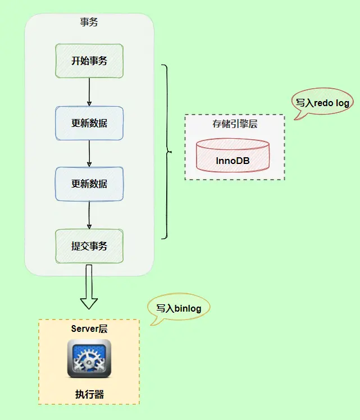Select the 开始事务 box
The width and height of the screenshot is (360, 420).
[89, 61]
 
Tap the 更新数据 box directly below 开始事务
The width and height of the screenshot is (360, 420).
[89, 123]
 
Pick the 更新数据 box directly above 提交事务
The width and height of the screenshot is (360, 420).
[89, 184]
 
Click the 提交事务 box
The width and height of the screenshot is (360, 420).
[89, 246]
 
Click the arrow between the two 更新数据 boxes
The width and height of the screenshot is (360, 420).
[89, 153]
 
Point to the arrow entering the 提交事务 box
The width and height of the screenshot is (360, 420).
[89, 215]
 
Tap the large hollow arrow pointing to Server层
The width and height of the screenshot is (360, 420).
[89, 287]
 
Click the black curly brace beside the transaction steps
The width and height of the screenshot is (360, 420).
[166, 152]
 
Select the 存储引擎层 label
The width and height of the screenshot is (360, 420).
[235, 124]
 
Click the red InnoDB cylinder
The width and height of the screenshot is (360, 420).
[233, 156]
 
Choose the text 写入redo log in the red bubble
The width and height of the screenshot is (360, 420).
[323, 103]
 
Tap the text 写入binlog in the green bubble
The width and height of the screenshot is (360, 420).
[178, 308]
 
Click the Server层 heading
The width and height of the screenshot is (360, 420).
[89, 329]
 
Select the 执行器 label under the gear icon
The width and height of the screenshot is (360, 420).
[89, 394]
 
